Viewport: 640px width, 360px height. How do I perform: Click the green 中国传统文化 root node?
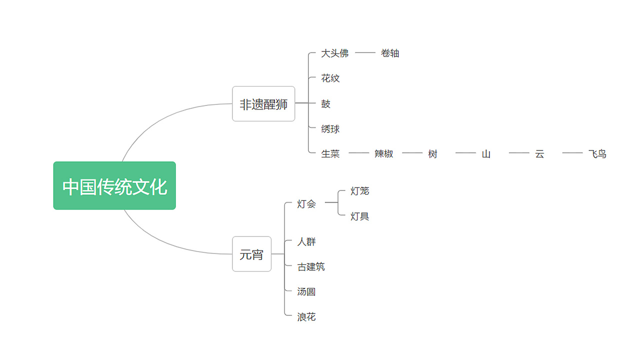tap(114, 186)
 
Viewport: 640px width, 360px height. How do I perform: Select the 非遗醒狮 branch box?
tap(263, 104)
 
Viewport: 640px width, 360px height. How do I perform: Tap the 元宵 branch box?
tap(251, 254)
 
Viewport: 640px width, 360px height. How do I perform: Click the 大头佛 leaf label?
tap(334, 53)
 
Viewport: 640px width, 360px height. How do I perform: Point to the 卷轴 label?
tap(390, 53)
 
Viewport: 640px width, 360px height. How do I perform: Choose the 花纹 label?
tap(330, 78)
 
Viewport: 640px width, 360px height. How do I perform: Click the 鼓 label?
tap(326, 104)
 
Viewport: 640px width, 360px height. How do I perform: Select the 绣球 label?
tap(330, 129)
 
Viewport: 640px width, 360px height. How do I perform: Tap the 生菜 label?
tap(330, 154)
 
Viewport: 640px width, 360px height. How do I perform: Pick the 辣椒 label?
tap(384, 154)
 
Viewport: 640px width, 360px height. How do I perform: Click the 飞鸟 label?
tap(597, 154)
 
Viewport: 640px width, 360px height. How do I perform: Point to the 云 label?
tap(539, 154)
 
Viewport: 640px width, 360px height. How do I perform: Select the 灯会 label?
tap(306, 203)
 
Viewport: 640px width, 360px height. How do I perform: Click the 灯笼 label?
tap(360, 191)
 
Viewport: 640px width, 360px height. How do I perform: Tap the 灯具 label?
tap(360, 216)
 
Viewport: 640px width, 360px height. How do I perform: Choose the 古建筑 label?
tap(311, 267)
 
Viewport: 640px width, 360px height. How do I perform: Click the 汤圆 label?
tap(306, 292)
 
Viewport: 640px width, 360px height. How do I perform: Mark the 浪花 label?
tap(306, 317)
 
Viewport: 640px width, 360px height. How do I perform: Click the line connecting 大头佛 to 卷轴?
tap(365, 52)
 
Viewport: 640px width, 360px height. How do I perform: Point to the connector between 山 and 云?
tap(519, 153)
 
